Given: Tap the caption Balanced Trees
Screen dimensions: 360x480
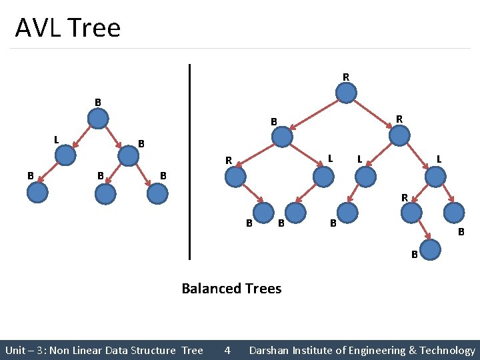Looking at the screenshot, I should (x=231, y=289).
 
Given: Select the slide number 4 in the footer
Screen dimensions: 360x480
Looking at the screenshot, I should (x=227, y=350).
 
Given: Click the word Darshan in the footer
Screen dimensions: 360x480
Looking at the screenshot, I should (x=270, y=350).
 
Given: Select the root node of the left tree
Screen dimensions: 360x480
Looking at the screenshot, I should (x=99, y=119).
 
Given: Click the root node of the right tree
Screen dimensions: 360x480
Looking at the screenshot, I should (x=346, y=93).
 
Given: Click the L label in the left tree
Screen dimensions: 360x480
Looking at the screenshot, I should (x=56, y=139).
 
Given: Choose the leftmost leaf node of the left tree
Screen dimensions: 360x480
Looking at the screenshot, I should (x=37, y=192).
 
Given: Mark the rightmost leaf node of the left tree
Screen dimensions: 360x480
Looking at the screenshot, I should (x=157, y=193).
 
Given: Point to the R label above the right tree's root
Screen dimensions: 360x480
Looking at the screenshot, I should (x=346, y=77).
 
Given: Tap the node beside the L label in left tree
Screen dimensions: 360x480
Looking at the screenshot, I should (x=66, y=155).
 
